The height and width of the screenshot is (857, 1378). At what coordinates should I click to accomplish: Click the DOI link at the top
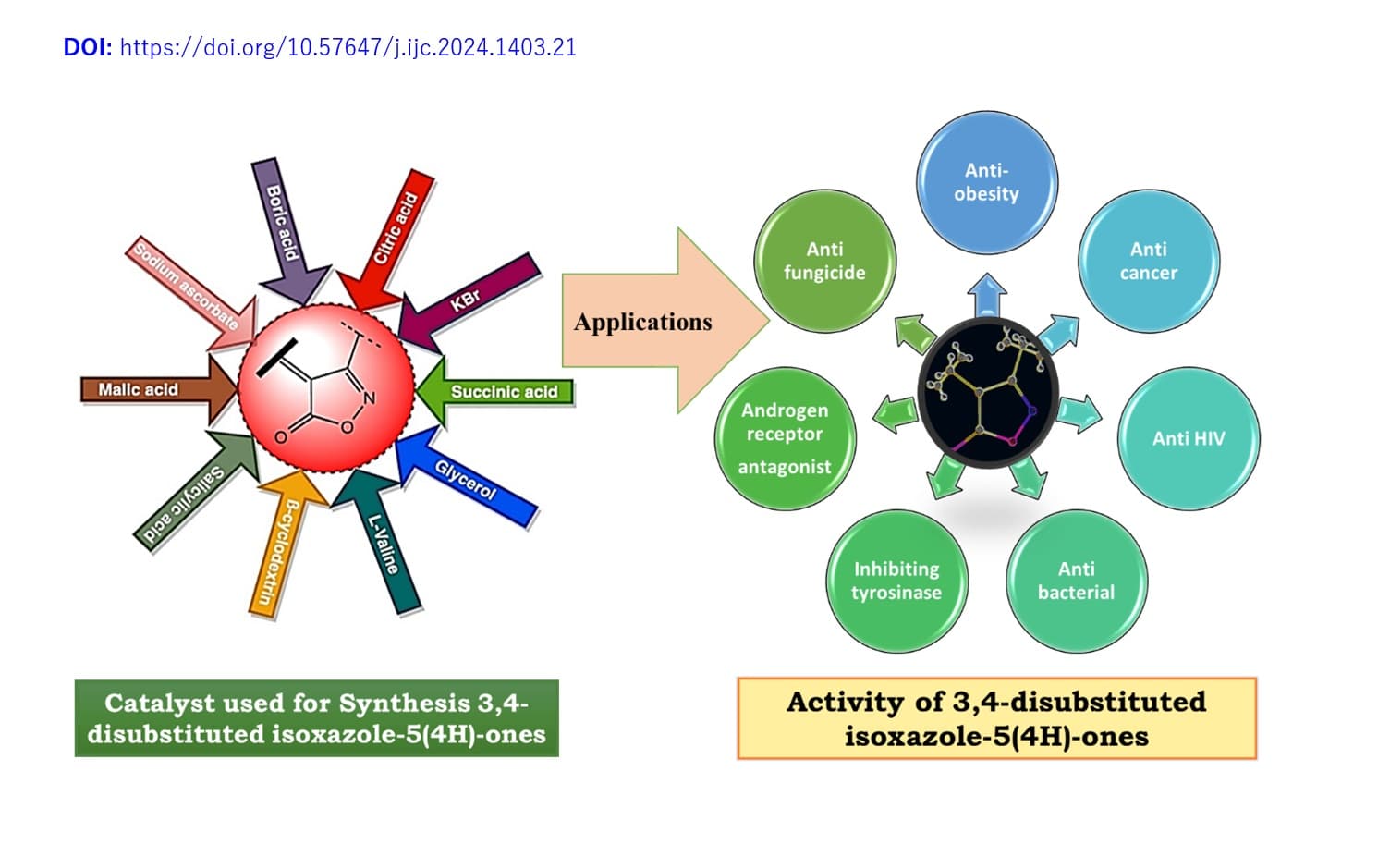pos(348,47)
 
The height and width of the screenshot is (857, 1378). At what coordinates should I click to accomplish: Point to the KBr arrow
pos(468,300)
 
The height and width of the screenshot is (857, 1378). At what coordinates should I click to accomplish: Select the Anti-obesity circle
pos(986,181)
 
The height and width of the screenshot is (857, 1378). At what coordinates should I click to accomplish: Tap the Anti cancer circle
pos(1148,261)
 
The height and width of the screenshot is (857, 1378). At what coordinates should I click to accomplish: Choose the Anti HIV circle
pos(1188,438)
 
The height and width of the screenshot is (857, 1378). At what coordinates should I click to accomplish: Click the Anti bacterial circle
pos(1076,581)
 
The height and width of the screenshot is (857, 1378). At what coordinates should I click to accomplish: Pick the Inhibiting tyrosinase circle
pos(896,581)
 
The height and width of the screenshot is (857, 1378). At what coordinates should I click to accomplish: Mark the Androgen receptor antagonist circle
pos(785,438)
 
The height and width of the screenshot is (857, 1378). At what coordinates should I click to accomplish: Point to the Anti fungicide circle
pos(823,261)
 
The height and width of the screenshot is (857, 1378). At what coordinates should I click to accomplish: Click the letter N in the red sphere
pos(370,398)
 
